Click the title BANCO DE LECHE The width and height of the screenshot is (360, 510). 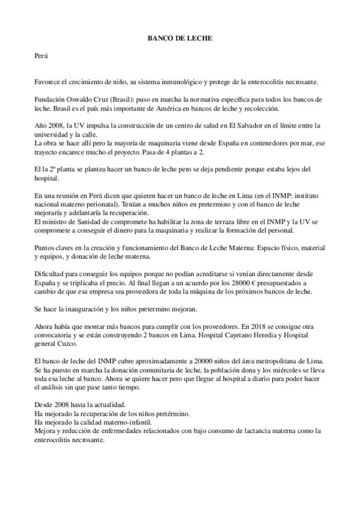[x=180, y=38]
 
